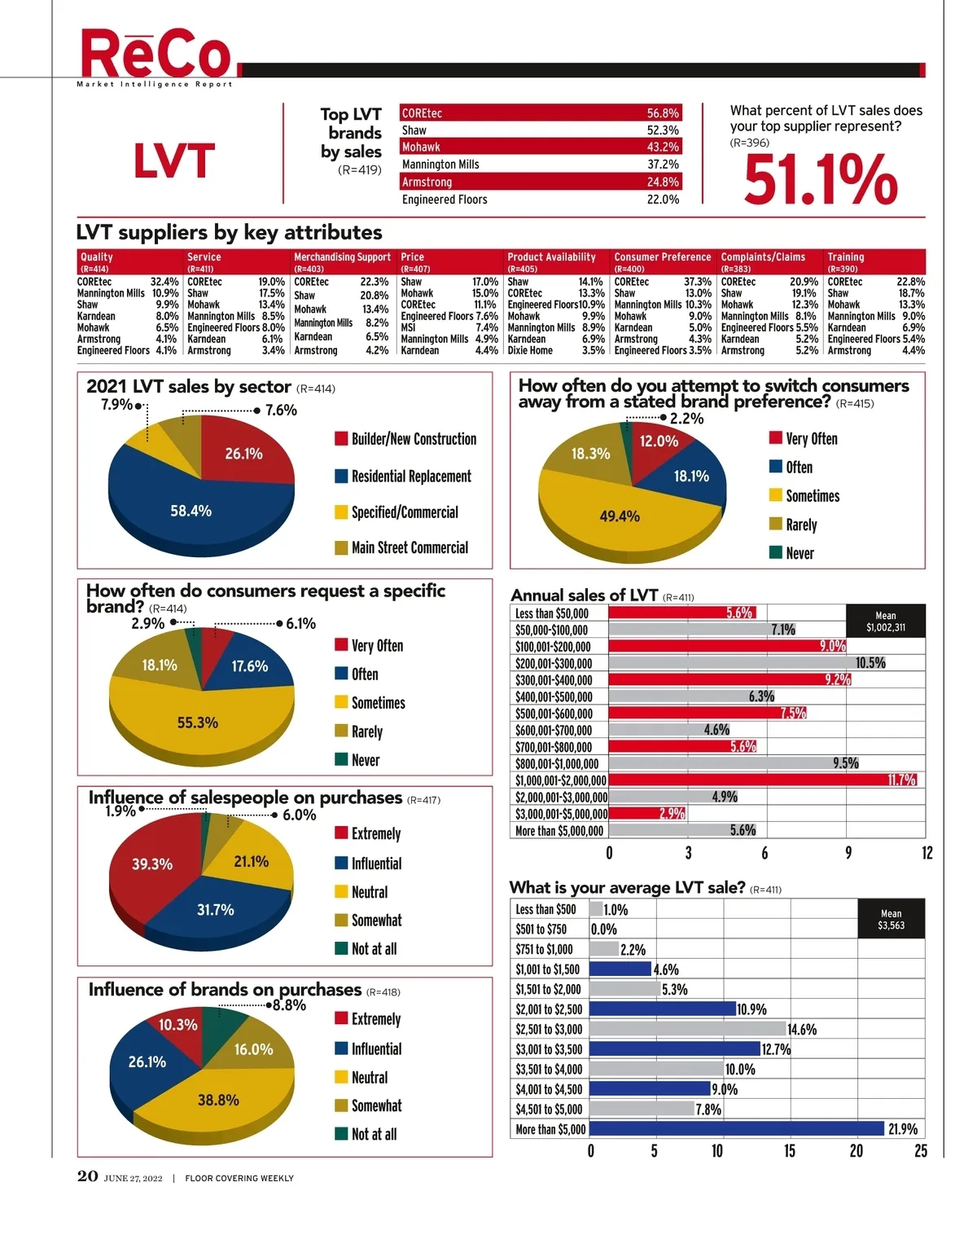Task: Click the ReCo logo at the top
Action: (x=156, y=55)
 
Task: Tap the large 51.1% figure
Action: (x=820, y=179)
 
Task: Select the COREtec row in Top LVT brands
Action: (x=540, y=113)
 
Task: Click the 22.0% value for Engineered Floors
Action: (x=663, y=200)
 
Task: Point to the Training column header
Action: (x=846, y=257)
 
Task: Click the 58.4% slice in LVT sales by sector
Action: (x=191, y=511)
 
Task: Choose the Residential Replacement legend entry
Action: (x=410, y=477)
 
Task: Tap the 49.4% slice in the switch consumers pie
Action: (x=620, y=516)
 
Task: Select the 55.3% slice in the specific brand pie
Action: (x=197, y=723)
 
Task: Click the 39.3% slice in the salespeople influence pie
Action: (x=152, y=864)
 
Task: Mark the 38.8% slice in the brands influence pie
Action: (x=218, y=1100)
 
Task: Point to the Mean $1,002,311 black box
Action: (x=886, y=622)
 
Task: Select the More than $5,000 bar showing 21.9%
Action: (x=736, y=1129)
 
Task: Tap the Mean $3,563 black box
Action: (x=891, y=919)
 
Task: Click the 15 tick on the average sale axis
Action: (x=790, y=1151)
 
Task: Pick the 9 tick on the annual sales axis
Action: (x=848, y=853)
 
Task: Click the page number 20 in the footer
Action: (x=88, y=1176)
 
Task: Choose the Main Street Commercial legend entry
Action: (x=409, y=548)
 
